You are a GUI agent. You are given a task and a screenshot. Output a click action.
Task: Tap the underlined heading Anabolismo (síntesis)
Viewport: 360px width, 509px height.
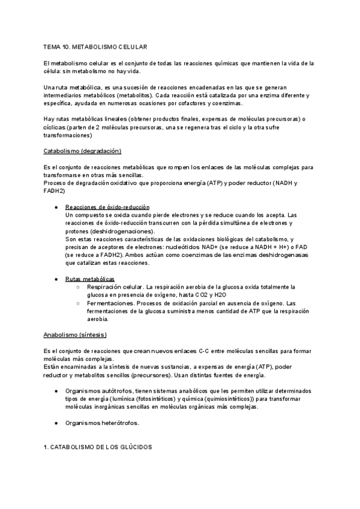click(x=75, y=334)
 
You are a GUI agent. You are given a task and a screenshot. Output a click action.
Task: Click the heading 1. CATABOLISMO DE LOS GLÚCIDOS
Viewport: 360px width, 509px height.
click(x=98, y=447)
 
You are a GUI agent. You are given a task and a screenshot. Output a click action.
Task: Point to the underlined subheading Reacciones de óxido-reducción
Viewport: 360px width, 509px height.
click(x=107, y=206)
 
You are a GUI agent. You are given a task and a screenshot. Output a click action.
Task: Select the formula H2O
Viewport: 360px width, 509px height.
click(x=220, y=295)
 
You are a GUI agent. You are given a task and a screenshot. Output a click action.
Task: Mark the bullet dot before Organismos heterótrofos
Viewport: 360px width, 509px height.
click(x=56, y=423)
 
